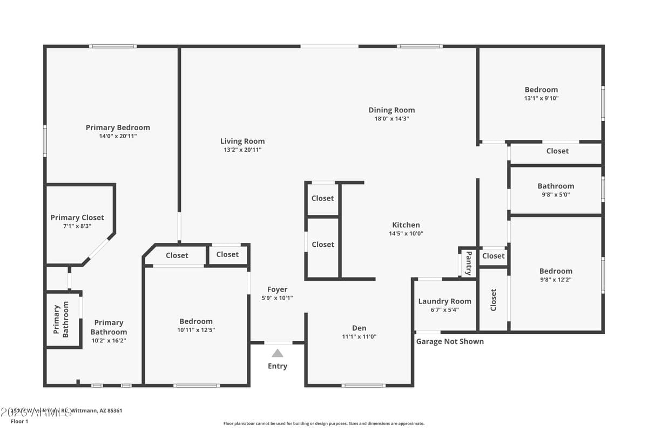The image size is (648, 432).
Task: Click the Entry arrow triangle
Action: (278, 353)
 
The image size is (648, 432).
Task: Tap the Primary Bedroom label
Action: (118, 127)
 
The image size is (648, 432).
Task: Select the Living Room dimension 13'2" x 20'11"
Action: (242, 150)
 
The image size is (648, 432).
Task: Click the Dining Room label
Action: (391, 110)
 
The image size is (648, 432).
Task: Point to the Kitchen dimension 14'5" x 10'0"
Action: (406, 234)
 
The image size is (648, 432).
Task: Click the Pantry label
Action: (468, 263)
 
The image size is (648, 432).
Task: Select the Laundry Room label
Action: (444, 301)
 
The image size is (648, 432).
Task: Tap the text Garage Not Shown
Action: (450, 341)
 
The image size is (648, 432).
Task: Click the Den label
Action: (359, 328)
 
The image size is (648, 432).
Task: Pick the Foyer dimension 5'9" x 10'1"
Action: (278, 298)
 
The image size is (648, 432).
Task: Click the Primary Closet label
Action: (77, 218)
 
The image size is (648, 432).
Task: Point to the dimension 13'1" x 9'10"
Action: (541, 98)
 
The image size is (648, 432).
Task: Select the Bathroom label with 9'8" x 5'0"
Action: (556, 186)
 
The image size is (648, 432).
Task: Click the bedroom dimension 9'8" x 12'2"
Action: (556, 280)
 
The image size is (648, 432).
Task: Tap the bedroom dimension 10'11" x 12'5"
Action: (196, 330)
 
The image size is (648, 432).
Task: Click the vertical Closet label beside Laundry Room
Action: (493, 300)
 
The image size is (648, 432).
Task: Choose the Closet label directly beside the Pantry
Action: (493, 256)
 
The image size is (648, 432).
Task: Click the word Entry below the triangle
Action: (278, 366)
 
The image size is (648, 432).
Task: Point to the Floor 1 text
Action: (19, 421)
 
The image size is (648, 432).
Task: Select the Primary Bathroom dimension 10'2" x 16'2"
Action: (109, 341)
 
